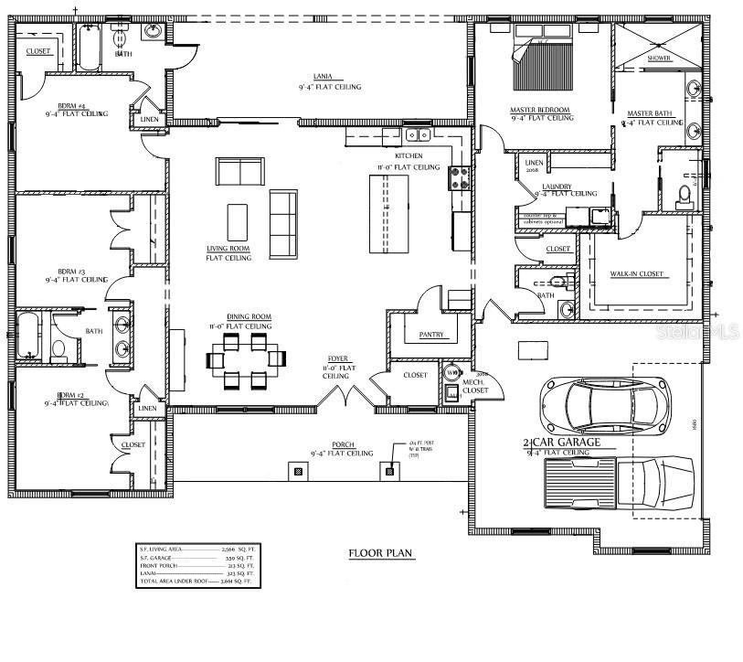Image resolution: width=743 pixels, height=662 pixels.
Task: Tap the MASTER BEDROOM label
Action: pos(539,110)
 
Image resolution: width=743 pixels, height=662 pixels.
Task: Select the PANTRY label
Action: pos(431,335)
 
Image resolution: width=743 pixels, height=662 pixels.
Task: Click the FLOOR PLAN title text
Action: pos(381,553)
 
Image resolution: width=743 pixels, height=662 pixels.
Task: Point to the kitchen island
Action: pos(386,213)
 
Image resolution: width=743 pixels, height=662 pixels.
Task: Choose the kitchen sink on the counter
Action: pos(419,135)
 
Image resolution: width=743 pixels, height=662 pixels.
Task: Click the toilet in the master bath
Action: pos(684,193)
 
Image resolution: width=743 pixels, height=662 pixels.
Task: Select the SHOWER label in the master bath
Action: pos(659,58)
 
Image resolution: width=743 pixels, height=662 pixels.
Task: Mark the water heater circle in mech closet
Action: pos(451,372)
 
